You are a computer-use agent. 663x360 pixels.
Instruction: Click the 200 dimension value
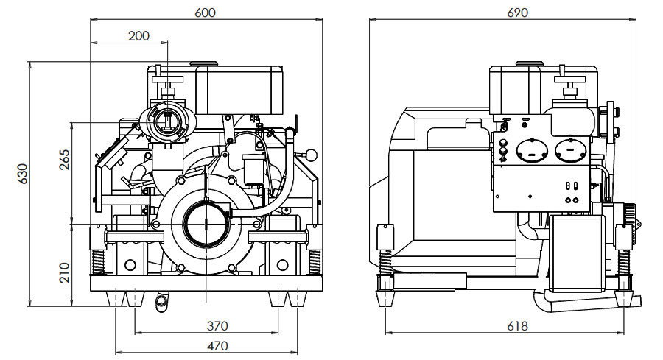click(x=138, y=35)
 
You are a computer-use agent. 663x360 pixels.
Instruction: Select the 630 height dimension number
click(x=21, y=173)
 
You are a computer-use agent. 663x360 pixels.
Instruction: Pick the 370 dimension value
click(x=217, y=325)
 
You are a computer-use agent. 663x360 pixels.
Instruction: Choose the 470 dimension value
click(x=217, y=345)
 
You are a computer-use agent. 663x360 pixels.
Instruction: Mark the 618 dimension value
click(x=519, y=326)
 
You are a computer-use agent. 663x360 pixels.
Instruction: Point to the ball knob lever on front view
click(x=312, y=155)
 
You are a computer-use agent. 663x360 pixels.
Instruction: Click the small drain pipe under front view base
click(x=160, y=300)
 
